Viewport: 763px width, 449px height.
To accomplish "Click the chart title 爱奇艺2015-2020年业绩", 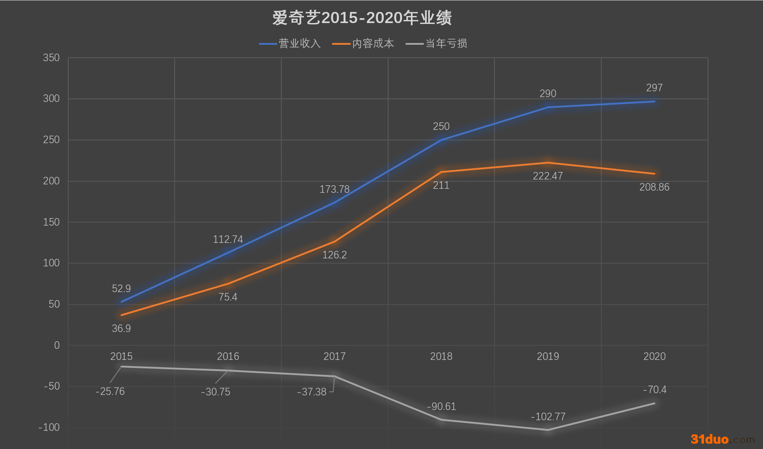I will pos(362,18).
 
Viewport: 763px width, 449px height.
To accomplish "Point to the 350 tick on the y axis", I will pos(51,58).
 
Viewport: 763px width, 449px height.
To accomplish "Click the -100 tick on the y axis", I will pos(49,427).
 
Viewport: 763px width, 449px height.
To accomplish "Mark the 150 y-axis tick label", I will pos(51,222).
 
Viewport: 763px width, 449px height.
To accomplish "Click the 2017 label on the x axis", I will pos(335,356).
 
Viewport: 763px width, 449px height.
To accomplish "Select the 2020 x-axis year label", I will pos(654,356).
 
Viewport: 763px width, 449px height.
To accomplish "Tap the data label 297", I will pos(654,88).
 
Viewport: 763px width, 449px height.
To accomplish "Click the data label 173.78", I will pos(335,189).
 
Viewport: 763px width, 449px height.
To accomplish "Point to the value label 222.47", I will pos(548,176).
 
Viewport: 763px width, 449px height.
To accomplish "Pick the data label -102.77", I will pos(548,417).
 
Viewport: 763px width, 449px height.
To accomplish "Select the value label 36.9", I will pos(121,328).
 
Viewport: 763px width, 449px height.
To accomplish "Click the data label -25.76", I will pos(110,391).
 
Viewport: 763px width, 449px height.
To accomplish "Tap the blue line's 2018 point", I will pos(441,140).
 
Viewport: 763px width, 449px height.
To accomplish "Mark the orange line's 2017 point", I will pos(335,242).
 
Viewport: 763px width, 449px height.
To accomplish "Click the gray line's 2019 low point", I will pos(548,429).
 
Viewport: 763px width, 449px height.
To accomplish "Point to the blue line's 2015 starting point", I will pos(121,302).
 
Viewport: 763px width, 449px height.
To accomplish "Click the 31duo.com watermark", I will pos(722,439).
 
